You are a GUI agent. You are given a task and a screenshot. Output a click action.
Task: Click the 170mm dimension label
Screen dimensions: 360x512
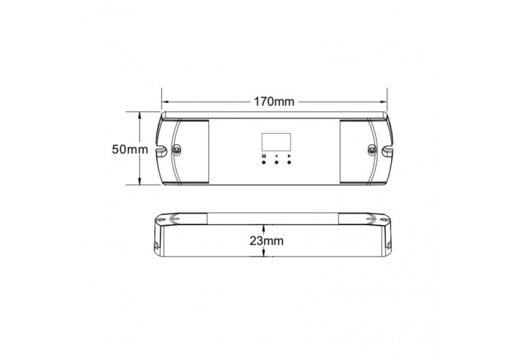click(275, 101)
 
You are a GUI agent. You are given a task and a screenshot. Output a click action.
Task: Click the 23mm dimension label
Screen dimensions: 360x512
click(266, 241)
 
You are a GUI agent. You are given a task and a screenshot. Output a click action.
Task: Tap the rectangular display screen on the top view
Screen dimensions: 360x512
click(274, 142)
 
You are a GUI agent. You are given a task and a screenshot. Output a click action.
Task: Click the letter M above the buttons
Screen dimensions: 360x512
click(263, 157)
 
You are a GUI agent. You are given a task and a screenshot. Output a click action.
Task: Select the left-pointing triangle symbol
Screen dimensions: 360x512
click(276, 157)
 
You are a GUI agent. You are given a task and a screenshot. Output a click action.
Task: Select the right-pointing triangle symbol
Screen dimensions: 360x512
click(289, 157)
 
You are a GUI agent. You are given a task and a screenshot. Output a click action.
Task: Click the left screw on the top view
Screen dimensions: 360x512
click(177, 149)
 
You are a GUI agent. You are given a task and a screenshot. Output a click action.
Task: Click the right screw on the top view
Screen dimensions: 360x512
click(371, 149)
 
